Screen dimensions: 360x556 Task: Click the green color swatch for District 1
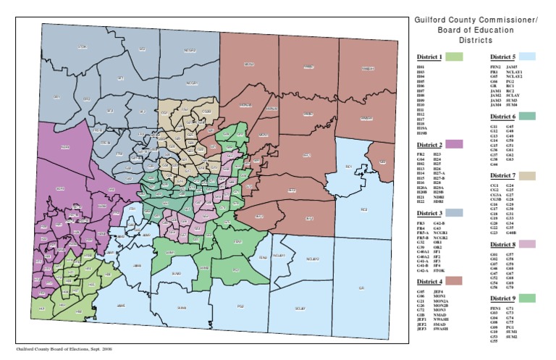pyautogui.click(x=455, y=56)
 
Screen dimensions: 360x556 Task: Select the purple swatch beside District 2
pyautogui.click(x=455, y=144)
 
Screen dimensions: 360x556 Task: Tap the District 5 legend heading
pyautogui.click(x=502, y=56)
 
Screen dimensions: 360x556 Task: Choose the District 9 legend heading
pyautogui.click(x=502, y=298)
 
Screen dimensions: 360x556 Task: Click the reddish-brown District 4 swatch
pyautogui.click(x=455, y=280)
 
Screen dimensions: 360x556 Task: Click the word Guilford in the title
pyautogui.click(x=432, y=20)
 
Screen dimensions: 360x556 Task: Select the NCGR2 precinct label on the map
pyautogui.click(x=190, y=51)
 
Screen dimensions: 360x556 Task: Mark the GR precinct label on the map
pyautogui.click(x=359, y=288)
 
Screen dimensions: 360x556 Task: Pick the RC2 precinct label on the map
pyautogui.click(x=363, y=209)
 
